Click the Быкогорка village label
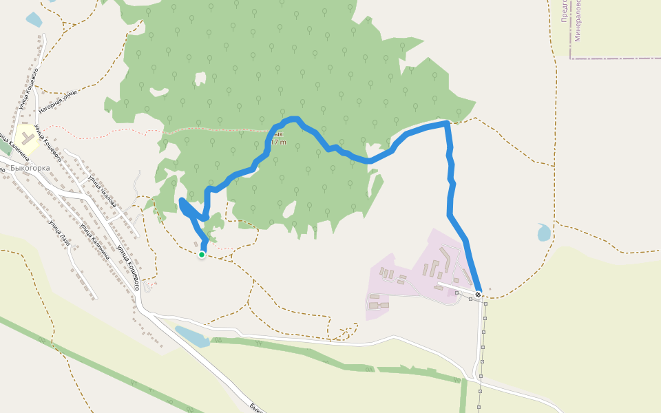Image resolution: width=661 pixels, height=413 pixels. click(30, 167)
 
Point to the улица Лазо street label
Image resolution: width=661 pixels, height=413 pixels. click(59, 235)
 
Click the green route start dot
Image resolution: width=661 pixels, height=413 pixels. click(202, 255)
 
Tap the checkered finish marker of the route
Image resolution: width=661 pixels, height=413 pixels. click(478, 295)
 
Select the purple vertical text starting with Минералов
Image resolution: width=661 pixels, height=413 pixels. click(578, 21)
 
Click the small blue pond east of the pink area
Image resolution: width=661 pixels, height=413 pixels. click(544, 233)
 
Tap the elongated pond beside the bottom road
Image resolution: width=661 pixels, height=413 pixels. click(192, 336)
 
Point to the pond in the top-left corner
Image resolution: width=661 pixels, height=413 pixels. click(34, 19)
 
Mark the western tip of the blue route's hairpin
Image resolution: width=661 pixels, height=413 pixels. click(181, 201)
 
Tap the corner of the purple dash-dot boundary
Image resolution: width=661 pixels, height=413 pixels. click(571, 59)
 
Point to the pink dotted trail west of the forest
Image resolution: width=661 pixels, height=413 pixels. click(103, 129)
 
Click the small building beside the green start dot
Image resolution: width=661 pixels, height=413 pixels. click(196, 244)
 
